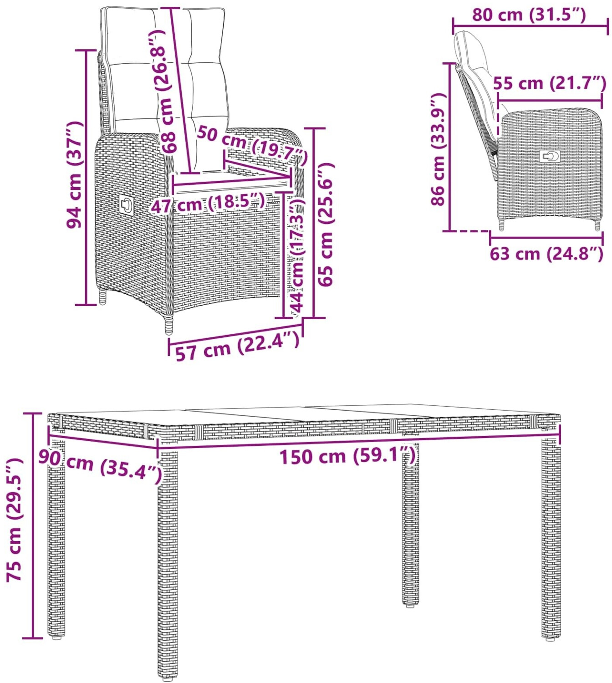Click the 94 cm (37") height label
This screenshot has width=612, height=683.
click(x=74, y=175)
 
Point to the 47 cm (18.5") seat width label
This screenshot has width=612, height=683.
click(x=208, y=204)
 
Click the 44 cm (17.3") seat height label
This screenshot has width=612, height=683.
click(x=297, y=256)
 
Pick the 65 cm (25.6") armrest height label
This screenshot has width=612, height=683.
click(x=325, y=224)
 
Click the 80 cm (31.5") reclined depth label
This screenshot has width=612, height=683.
click(x=529, y=15)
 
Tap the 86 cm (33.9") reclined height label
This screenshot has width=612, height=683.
click(x=439, y=148)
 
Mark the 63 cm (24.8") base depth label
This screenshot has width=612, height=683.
click(x=546, y=254)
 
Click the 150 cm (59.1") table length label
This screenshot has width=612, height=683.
click(x=347, y=457)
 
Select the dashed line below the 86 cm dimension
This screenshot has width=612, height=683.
click(x=470, y=232)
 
